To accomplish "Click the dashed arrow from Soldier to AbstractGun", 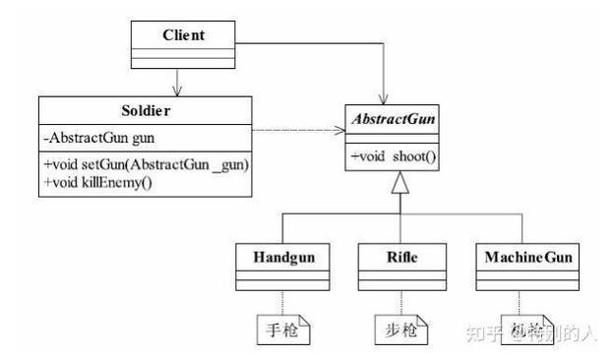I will coord(295,129).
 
